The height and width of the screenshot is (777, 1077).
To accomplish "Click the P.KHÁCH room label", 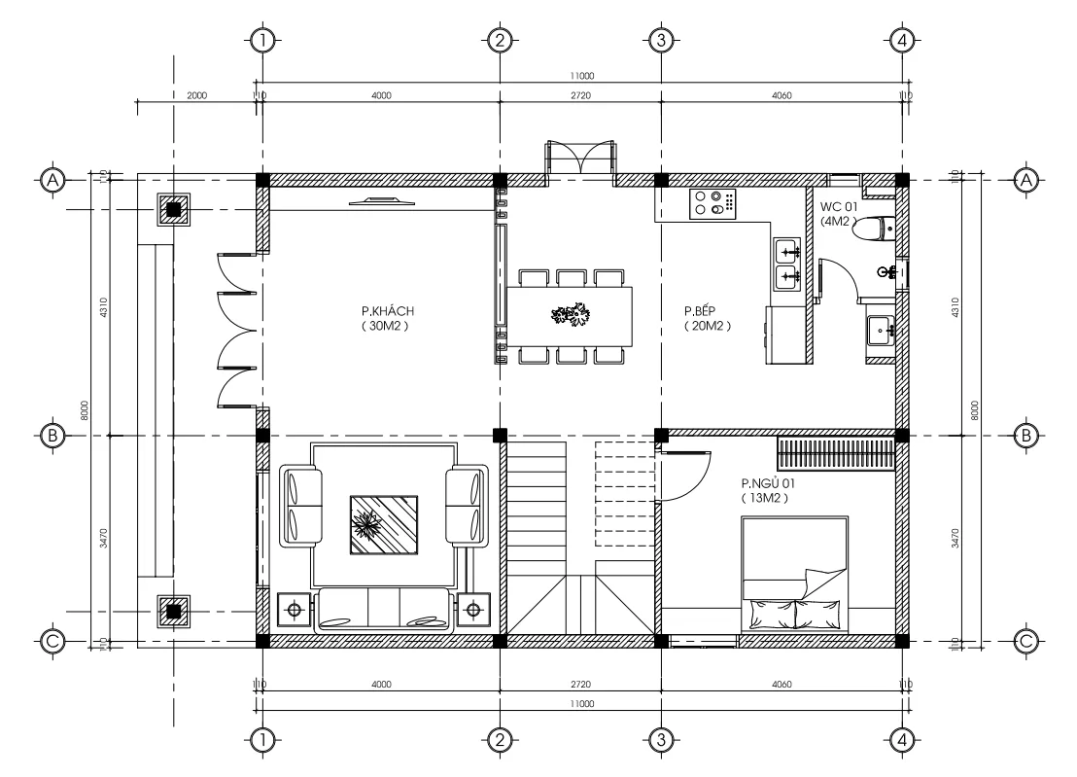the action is [x=387, y=311].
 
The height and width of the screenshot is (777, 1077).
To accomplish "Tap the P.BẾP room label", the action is [x=700, y=311].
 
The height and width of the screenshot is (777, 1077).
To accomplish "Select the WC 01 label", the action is [x=839, y=207].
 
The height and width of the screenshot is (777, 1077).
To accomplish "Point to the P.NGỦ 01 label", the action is [x=768, y=483].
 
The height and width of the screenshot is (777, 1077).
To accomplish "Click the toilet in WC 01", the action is [x=875, y=229].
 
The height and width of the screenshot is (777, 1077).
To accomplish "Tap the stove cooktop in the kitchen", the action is [x=712, y=204].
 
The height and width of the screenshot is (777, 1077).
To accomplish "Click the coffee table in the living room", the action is [x=384, y=525].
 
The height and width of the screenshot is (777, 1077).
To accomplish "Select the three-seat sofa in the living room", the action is [x=383, y=610].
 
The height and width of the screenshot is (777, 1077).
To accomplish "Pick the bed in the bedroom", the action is [x=795, y=575].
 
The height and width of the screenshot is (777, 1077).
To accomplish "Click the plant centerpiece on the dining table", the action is [x=571, y=315].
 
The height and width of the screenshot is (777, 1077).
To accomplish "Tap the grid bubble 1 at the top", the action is [x=262, y=41].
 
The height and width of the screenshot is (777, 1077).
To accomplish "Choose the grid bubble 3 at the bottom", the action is [x=661, y=740].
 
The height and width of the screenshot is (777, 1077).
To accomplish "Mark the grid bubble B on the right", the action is [x=1026, y=436].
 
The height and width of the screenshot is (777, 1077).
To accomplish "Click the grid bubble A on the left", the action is [x=52, y=181].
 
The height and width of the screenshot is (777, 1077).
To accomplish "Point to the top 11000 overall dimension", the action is [x=582, y=76].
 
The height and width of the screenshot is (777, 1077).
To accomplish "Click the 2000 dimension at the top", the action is [x=197, y=95].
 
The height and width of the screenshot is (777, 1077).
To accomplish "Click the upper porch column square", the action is [x=174, y=209].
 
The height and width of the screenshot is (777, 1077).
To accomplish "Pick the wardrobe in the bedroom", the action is [x=837, y=453].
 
